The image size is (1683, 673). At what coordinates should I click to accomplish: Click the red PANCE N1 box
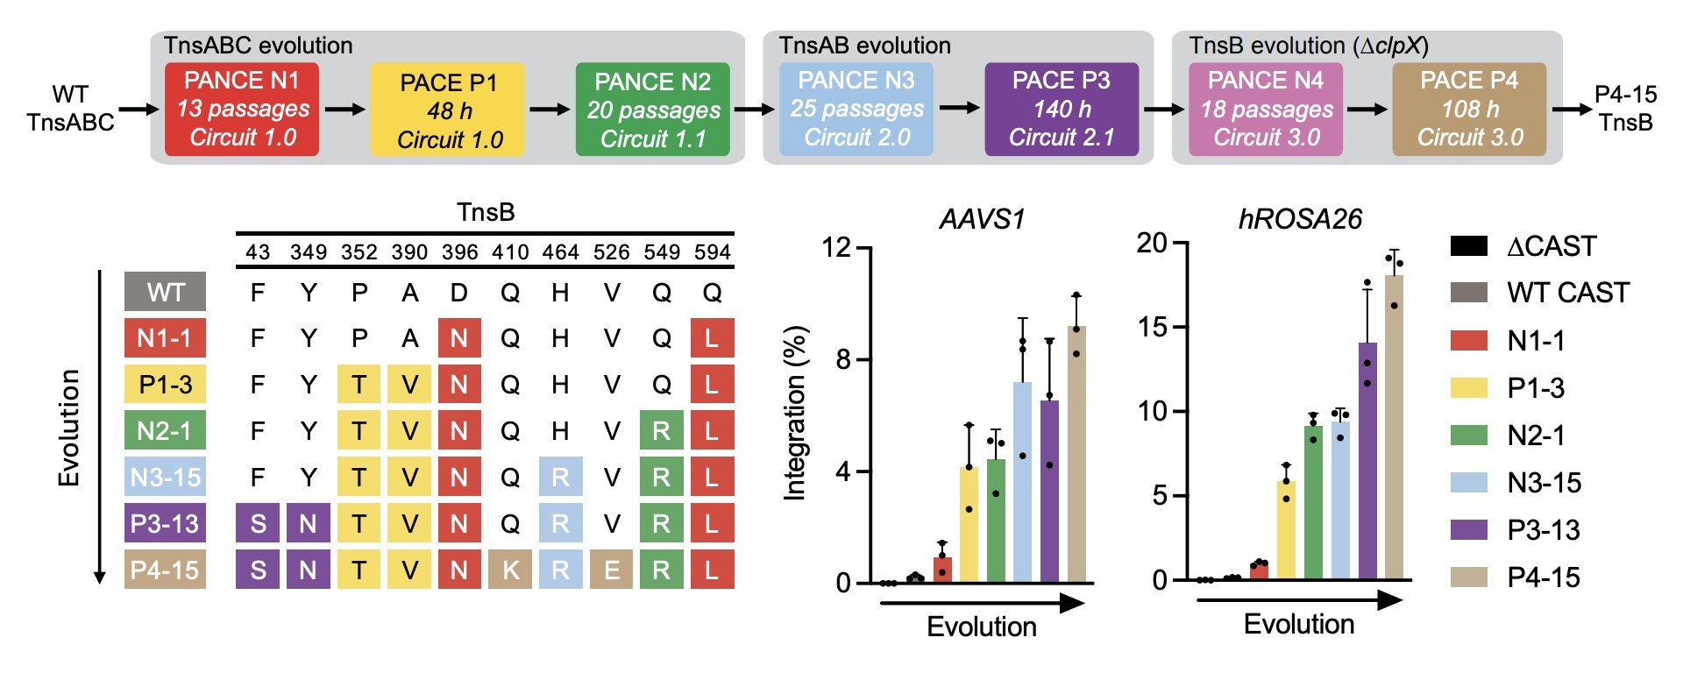coord(242,110)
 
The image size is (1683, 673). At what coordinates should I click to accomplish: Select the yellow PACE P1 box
coord(448,110)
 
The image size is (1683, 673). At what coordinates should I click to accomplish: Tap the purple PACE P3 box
coord(1062,110)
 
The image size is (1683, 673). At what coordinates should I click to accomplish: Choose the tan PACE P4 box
coord(1469,110)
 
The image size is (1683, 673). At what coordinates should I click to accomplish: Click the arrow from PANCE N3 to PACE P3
coord(960,108)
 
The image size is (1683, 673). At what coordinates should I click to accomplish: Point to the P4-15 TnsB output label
coord(1625,108)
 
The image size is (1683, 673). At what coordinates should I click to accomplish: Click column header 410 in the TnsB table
coord(510,252)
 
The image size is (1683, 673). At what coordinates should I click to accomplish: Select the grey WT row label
coord(165,292)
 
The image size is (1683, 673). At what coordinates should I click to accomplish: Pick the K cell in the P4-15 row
coord(510,570)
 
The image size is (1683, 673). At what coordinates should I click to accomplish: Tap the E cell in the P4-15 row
coord(612,570)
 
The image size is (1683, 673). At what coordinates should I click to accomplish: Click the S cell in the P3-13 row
coord(258,524)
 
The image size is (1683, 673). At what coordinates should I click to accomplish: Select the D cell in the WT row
coord(459,293)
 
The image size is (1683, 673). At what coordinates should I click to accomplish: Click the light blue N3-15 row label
coord(165,478)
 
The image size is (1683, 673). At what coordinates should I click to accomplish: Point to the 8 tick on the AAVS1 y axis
coord(843,359)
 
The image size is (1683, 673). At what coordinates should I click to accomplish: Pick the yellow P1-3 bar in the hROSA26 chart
coord(1286,530)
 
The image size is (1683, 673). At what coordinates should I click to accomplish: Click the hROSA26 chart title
coord(1300,219)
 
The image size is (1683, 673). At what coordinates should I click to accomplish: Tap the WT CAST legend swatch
coord(1469,293)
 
